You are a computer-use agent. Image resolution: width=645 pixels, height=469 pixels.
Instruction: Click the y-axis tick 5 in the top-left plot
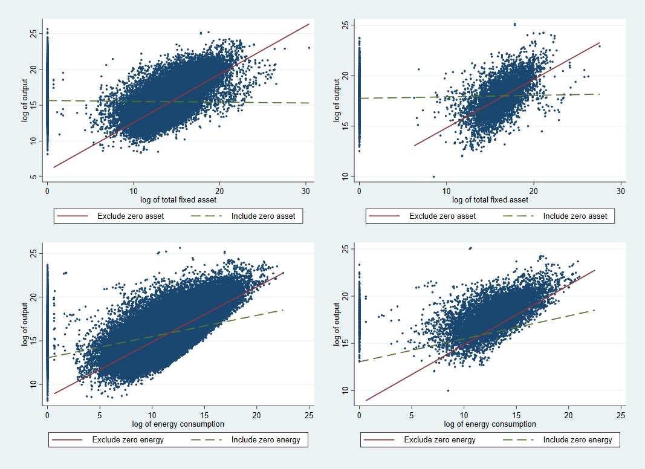[x=34, y=177]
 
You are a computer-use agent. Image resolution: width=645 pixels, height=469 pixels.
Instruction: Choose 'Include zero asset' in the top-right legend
[x=574, y=216]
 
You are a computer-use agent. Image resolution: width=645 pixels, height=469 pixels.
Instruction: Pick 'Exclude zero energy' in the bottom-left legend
[x=128, y=439]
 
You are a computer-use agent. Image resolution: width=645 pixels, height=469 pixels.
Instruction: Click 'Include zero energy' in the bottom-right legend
[x=577, y=439]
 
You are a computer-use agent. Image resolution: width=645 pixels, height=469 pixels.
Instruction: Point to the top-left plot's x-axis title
[x=178, y=200]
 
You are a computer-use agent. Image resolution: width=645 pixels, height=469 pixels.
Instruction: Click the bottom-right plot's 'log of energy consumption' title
[x=490, y=424]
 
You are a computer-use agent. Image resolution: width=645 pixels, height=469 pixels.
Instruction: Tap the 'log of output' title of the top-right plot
[x=337, y=100]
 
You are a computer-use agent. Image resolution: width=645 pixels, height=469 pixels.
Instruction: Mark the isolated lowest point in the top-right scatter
[x=433, y=176]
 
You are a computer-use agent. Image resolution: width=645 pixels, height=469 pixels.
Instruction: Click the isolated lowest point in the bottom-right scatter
[x=448, y=390]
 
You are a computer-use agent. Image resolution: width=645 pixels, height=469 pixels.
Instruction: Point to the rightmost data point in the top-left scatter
[x=309, y=48]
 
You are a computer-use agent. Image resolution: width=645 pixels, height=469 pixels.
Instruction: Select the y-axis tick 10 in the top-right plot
[x=345, y=176]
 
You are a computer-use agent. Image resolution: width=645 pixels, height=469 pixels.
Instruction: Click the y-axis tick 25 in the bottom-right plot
[x=345, y=249]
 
